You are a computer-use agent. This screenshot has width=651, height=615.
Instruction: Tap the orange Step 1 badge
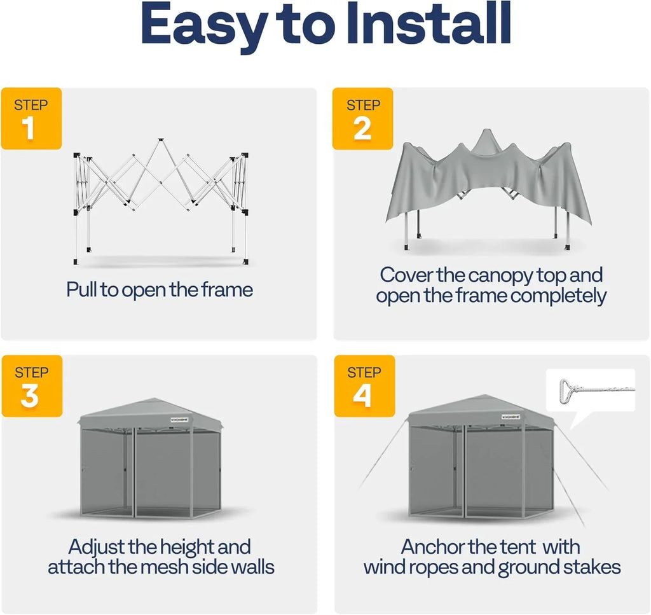pyautogui.click(x=31, y=118)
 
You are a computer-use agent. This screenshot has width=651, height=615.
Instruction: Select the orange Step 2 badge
pyautogui.click(x=363, y=118)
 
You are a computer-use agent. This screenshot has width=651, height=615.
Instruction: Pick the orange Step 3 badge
pyautogui.click(x=31, y=386)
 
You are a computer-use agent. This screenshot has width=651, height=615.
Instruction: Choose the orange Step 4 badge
pyautogui.click(x=363, y=386)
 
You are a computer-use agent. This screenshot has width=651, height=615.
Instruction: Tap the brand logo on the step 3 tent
pyautogui.click(x=177, y=420)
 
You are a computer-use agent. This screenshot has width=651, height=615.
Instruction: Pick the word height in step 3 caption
pyautogui.click(x=191, y=547)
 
